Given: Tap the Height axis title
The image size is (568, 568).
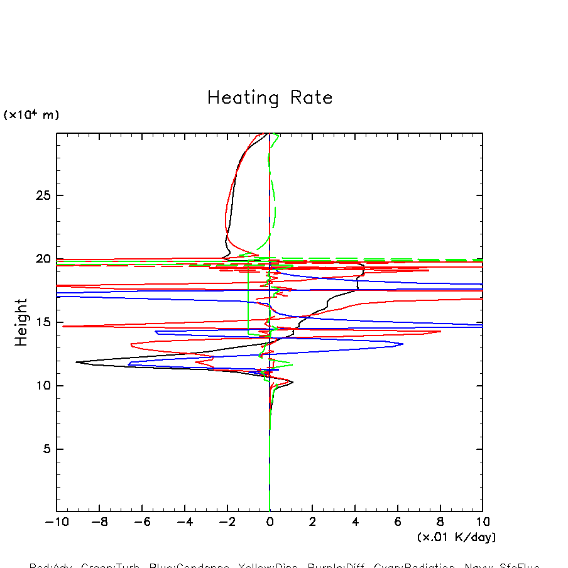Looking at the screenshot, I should point(22,322).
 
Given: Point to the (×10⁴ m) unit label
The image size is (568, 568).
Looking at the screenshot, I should point(31,115).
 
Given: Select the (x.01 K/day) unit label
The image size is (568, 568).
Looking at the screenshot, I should point(456,537).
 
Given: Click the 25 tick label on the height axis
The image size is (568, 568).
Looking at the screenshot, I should point(41,195).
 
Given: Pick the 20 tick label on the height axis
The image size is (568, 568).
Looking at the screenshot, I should point(41,259).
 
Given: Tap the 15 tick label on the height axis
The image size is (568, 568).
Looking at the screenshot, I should point(41,322).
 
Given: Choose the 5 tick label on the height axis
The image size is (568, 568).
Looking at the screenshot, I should point(45,449).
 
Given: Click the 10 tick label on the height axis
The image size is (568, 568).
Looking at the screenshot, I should point(41,386).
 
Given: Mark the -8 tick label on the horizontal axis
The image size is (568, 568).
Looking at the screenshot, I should point(97,522).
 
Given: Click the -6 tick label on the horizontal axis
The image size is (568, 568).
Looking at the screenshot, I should point(139,522).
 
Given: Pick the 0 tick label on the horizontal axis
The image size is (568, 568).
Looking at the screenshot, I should point(270,522).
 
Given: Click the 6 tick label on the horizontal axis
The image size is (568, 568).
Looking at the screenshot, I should point(398,522).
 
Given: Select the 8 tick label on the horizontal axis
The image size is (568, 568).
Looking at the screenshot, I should point(440,522).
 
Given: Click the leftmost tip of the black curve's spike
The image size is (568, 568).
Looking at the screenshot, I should point(76,362).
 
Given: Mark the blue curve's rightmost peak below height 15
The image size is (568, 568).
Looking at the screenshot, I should point(403,344).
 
